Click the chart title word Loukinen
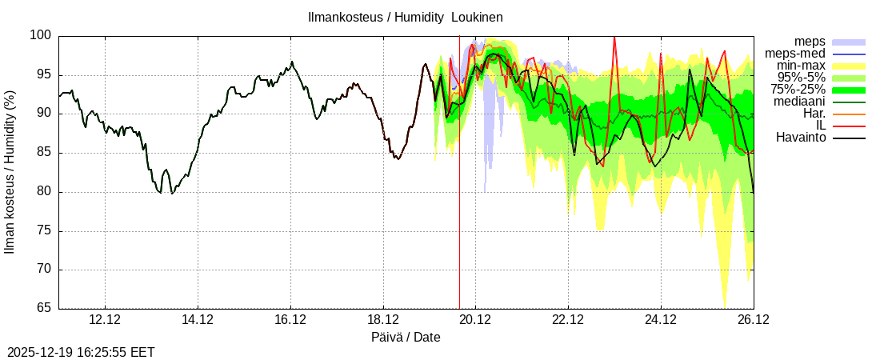(477, 17)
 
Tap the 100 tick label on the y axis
(42, 36)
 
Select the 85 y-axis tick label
(43, 153)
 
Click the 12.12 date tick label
(105, 320)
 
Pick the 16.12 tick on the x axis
(290, 320)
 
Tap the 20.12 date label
(475, 320)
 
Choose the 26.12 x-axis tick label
(753, 320)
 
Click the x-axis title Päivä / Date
(406, 337)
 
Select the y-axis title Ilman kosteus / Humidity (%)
(10, 172)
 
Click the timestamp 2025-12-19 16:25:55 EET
(81, 352)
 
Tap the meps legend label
(810, 42)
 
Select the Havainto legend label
(801, 138)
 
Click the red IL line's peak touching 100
(614, 37)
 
